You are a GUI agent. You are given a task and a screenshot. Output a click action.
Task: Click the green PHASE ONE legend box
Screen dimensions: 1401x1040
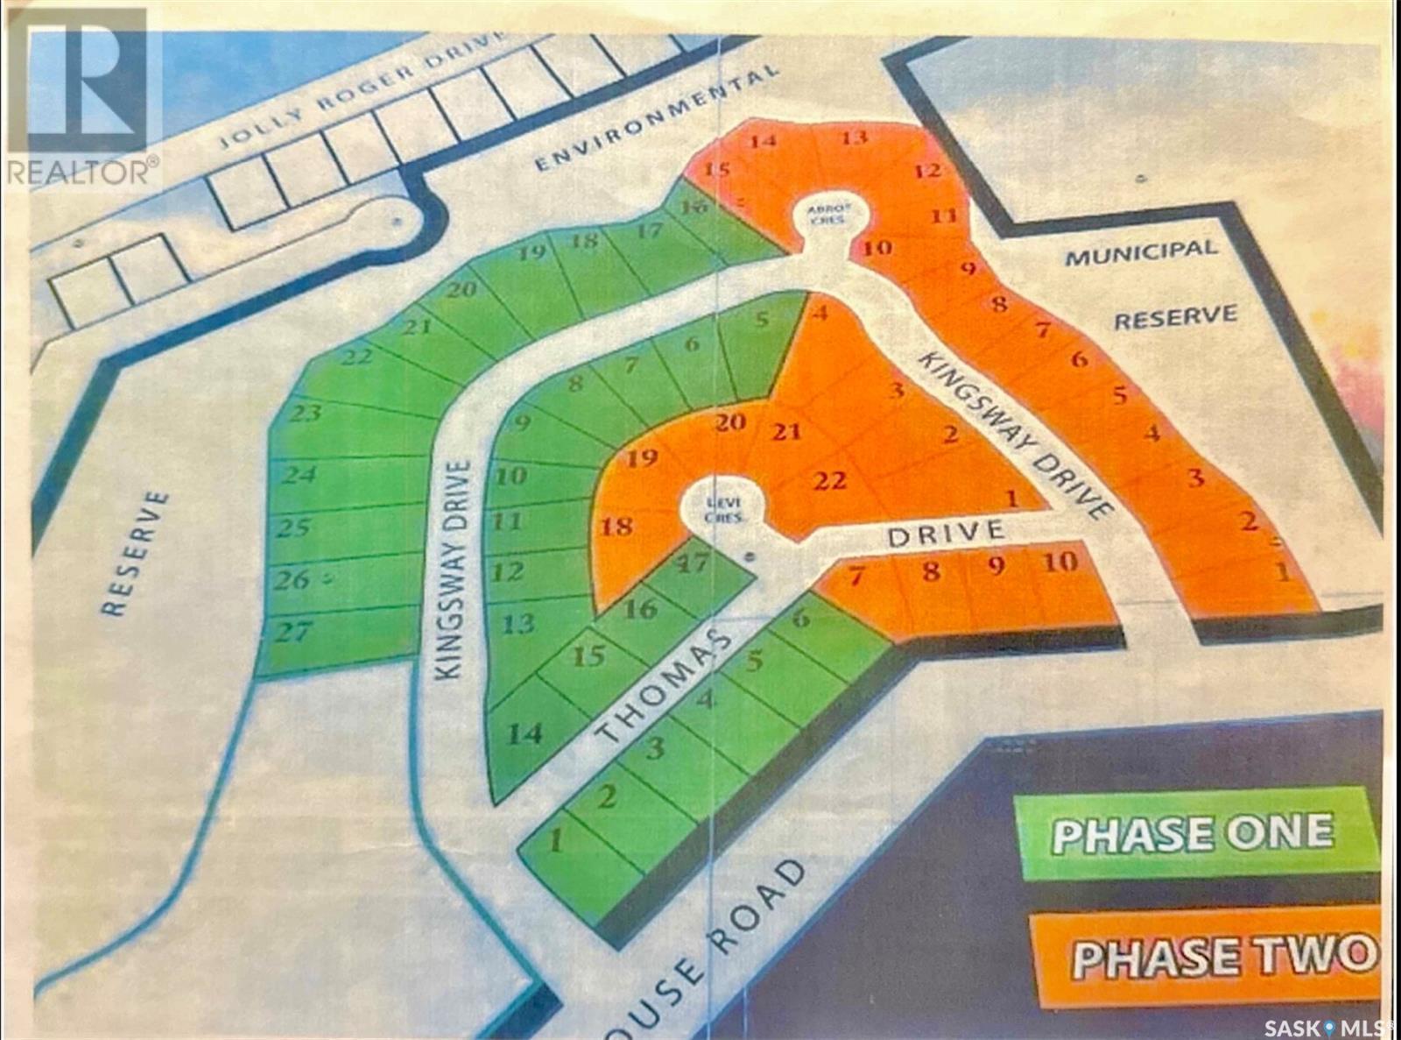coord(1193,832)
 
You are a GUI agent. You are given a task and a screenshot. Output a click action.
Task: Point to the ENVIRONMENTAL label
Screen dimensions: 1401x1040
coord(656,119)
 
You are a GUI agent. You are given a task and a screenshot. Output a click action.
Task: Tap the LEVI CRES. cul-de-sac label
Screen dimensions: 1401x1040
coord(725,509)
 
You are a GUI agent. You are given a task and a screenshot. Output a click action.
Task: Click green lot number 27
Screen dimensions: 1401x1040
coord(293,630)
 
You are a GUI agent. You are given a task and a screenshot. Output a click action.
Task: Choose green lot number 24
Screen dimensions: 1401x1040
coord(299,474)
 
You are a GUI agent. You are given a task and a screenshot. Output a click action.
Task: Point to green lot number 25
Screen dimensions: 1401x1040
coord(294,527)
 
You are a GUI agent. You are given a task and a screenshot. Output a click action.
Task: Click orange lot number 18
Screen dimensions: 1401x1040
coord(616,526)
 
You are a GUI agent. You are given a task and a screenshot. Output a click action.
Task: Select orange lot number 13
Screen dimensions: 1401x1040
coord(854,138)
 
